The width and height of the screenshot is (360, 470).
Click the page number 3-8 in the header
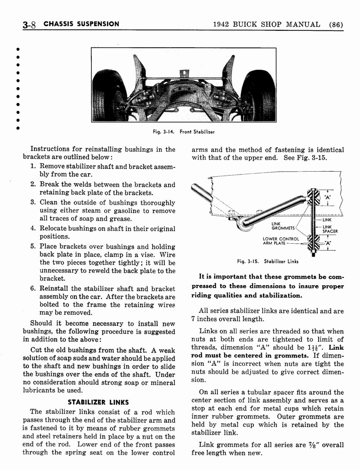pos(29,25)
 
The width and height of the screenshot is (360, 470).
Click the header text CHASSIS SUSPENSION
pos(81,24)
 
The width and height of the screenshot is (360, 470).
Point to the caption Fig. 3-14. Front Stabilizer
pos(184,132)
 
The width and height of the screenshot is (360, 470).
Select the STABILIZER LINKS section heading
pos(98,402)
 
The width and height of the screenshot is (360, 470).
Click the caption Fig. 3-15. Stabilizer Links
pos(267,262)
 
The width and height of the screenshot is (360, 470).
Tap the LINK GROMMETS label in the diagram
pos(283,226)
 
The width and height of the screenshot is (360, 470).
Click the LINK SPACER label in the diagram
pos(330,229)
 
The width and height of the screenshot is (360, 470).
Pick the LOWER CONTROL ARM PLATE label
pos(281,241)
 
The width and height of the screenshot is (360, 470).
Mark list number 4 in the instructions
pos(33,229)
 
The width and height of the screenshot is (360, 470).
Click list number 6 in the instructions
pos(33,289)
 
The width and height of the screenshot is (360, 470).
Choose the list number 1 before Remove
pos(33,166)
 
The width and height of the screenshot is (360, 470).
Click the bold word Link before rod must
pos(336,347)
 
